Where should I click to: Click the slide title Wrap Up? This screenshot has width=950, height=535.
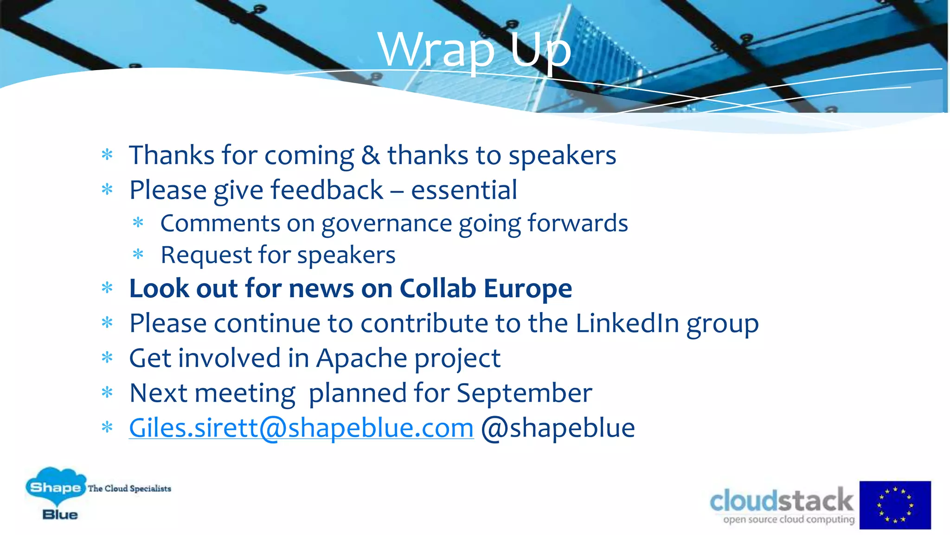pos(474,50)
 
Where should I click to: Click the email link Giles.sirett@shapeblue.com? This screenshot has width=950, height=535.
pos(301,428)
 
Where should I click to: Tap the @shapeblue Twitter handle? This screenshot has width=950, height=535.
pos(558,428)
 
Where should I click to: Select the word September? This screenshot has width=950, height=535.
pos(524,393)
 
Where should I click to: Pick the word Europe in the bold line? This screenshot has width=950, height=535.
pos(528,288)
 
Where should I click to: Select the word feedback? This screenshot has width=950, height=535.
pos(327,190)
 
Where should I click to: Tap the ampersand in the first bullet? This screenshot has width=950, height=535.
pos(370,155)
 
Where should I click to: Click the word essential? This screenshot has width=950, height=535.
pos(464,190)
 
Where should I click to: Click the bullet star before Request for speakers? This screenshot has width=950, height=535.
pos(138,254)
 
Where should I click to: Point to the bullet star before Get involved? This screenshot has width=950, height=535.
pos(107,358)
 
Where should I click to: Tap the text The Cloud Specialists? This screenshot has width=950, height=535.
pos(129,489)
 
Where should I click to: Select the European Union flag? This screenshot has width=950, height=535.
pos(895,505)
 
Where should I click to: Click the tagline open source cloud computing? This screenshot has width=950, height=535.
pos(789,519)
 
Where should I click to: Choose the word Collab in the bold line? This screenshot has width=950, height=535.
pos(437,288)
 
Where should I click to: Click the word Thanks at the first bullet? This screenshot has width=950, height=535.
pos(172,155)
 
